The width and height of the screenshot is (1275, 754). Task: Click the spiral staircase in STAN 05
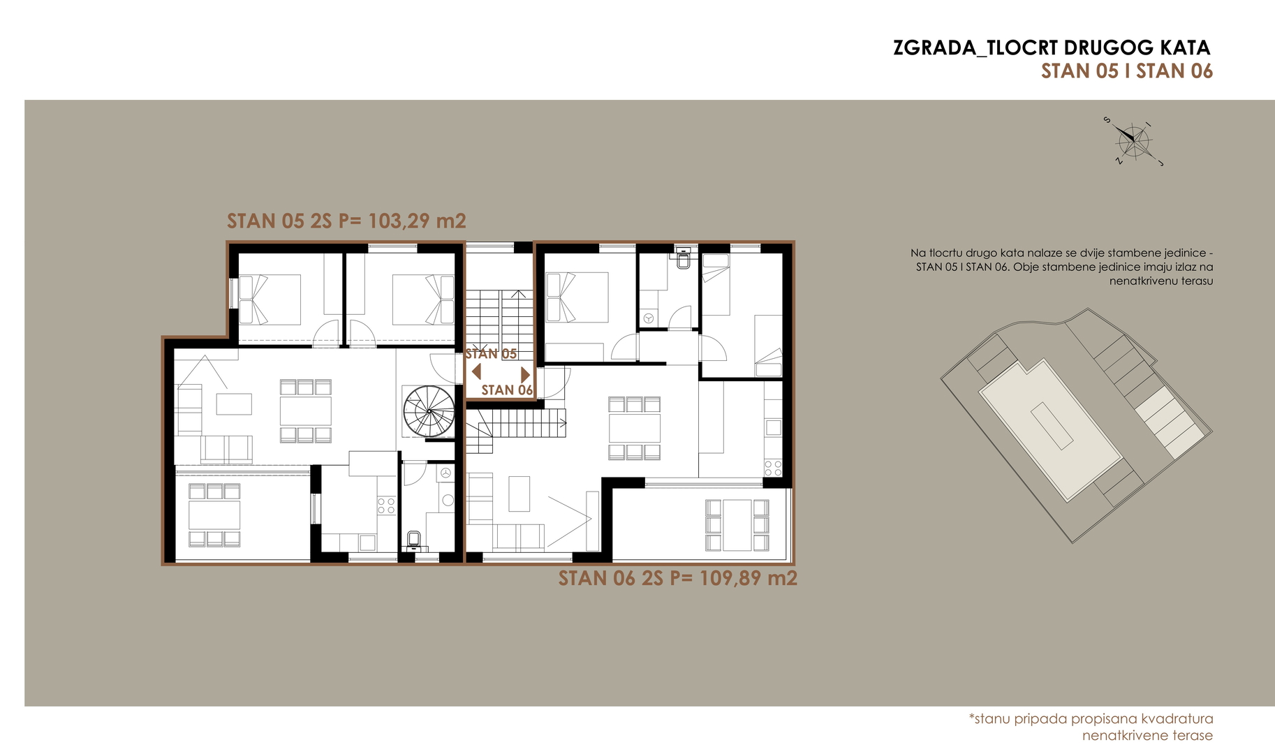tap(429, 411)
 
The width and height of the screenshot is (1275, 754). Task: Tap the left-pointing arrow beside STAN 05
tap(476, 372)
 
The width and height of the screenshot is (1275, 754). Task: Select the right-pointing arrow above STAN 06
tap(526, 374)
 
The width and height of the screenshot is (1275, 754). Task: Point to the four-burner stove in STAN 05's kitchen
tap(386, 505)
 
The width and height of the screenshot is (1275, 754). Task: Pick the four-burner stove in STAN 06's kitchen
tap(773, 468)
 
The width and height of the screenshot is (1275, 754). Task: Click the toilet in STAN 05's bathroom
tap(413, 541)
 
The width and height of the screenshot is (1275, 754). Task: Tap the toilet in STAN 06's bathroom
tap(684, 259)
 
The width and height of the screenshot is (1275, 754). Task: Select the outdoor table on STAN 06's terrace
tap(737, 525)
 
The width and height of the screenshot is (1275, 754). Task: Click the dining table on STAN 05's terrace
tap(214, 515)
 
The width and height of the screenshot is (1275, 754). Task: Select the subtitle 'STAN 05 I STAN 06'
tap(1127, 71)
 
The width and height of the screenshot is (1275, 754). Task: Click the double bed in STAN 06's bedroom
tap(577, 297)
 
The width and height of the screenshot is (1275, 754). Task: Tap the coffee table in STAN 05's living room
tap(234, 404)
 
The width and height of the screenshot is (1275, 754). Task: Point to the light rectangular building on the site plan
tap(1050, 430)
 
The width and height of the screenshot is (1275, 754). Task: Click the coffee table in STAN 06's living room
tap(519, 494)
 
